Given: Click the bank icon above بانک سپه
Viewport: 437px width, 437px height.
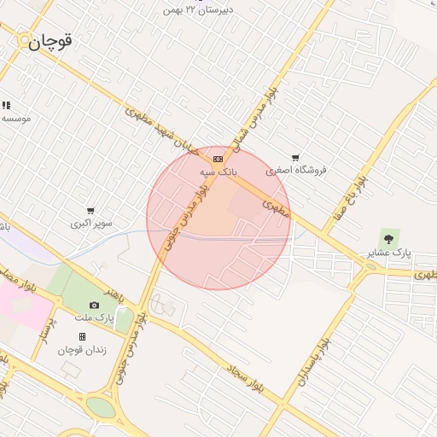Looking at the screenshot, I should (218, 159).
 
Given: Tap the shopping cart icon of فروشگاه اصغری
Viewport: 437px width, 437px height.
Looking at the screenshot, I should (295, 158).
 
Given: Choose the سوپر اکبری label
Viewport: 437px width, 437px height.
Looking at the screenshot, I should (91, 224).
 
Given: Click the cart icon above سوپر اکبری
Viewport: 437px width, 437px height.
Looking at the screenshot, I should (90, 211).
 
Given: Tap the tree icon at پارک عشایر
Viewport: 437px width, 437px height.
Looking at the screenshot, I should (389, 239).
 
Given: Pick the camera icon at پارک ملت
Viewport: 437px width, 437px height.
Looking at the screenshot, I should (94, 306).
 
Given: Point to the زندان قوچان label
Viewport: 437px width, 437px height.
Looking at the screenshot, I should (81, 350).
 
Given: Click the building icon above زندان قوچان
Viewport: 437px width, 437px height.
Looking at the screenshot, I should (82, 337).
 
